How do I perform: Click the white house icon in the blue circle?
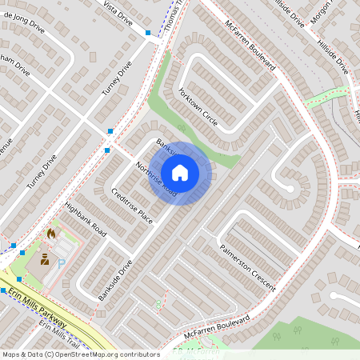click(x=180, y=172)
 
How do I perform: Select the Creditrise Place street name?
click(x=132, y=206)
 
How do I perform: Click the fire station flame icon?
click(x=53, y=233)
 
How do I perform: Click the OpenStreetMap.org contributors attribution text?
click(x=115, y=354)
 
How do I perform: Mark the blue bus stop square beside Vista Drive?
click(x=148, y=33)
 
